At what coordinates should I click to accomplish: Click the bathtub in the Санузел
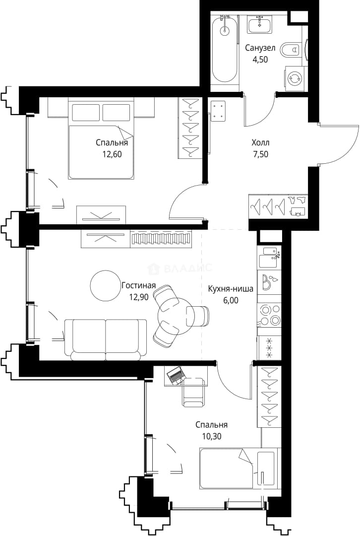(x=224, y=50)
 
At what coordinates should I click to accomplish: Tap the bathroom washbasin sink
(x=259, y=25)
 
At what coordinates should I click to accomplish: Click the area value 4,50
(x=260, y=60)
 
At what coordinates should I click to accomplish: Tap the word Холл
(x=260, y=142)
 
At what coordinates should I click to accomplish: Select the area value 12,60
(x=112, y=154)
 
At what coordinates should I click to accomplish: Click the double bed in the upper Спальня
(x=101, y=138)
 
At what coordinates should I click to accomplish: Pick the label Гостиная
(x=139, y=285)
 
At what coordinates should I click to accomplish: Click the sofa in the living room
(x=106, y=339)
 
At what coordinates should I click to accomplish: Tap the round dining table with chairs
(x=177, y=315)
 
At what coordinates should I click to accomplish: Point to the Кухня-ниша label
(x=231, y=289)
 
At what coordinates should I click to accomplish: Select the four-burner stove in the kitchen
(x=269, y=315)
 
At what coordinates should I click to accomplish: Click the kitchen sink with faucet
(x=269, y=258)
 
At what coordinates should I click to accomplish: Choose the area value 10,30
(x=211, y=436)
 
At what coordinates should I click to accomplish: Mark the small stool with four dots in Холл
(x=218, y=111)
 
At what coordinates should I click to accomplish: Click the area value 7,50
(x=260, y=154)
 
